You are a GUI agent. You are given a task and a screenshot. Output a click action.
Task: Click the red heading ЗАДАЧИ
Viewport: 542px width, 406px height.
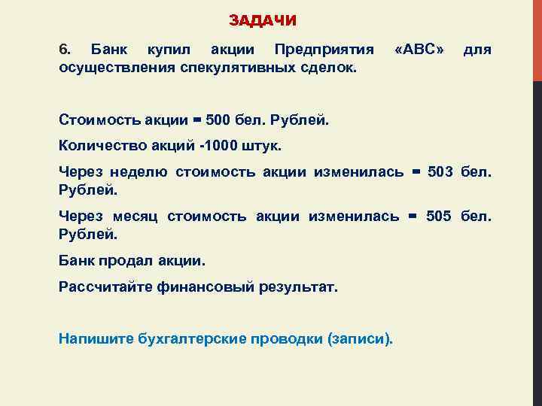pyautogui.click(x=263, y=20)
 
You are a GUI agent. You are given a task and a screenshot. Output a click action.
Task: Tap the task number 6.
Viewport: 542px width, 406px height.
pyautogui.click(x=64, y=50)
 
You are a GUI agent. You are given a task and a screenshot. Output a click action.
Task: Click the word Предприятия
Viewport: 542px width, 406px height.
pyautogui.click(x=324, y=50)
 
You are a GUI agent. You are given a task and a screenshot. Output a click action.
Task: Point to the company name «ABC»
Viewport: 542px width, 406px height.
pyautogui.click(x=419, y=50)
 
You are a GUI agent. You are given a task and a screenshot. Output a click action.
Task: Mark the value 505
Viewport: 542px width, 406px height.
pyautogui.click(x=439, y=217)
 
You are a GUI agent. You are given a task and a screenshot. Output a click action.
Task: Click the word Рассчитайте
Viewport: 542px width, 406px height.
pyautogui.click(x=100, y=286)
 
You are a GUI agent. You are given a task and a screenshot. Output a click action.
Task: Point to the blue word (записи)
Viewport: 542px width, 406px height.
pyautogui.click(x=360, y=339)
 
